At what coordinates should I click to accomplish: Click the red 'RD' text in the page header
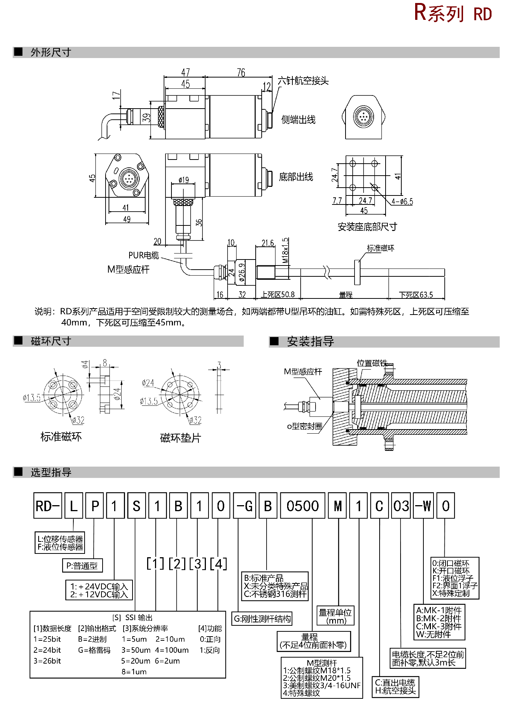coord(482,14)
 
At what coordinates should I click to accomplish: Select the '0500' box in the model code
coord(302,506)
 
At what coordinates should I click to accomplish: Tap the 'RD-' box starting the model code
coord(48,506)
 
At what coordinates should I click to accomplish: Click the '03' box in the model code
coord(401,506)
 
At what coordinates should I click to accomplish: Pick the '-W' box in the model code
coord(423,506)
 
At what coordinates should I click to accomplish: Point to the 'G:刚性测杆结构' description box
coord(262,619)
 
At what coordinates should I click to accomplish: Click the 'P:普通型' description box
coord(82,565)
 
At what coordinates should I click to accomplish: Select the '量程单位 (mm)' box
coord(335,616)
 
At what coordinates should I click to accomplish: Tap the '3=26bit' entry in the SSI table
coord(47,661)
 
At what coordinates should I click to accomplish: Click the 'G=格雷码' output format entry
coord(94,650)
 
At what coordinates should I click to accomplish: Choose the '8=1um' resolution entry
coord(134,672)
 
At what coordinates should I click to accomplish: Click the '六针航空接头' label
coord(303,81)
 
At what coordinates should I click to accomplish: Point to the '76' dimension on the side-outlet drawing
coord(241,72)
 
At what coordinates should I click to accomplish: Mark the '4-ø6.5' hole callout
coord(402,201)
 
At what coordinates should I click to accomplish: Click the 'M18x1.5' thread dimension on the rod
coord(285,250)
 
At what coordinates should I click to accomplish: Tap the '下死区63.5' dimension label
coord(416,295)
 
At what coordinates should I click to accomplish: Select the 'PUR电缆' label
coord(143,255)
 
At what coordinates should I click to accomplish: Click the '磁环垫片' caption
coord(180,438)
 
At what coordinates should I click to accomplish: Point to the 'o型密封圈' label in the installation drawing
coord(304,426)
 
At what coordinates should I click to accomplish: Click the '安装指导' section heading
coord(310,342)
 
